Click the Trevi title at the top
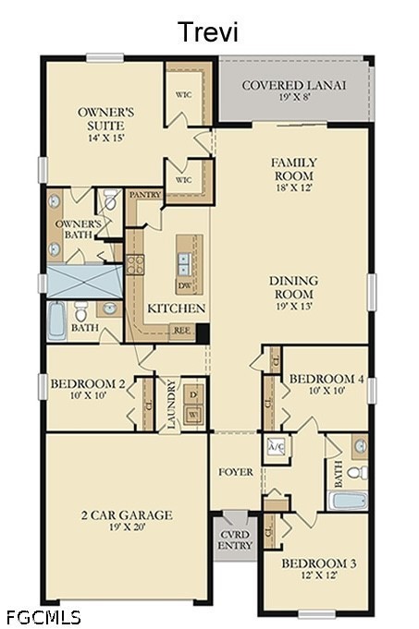click(209, 32)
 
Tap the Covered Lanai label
click(293, 86)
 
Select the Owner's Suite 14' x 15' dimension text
click(106, 138)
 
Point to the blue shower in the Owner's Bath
click(84, 281)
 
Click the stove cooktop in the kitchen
click(135, 265)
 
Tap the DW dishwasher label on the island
click(185, 286)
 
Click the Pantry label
click(145, 195)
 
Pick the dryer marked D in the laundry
click(193, 395)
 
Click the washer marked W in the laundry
click(193, 415)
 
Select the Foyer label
click(236, 472)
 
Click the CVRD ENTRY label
click(235, 540)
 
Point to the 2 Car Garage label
click(127, 515)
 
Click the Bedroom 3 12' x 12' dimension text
click(319, 575)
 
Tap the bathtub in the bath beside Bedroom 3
click(348, 501)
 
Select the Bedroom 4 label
click(327, 379)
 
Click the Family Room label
click(294, 169)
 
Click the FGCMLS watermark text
click(43, 617)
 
